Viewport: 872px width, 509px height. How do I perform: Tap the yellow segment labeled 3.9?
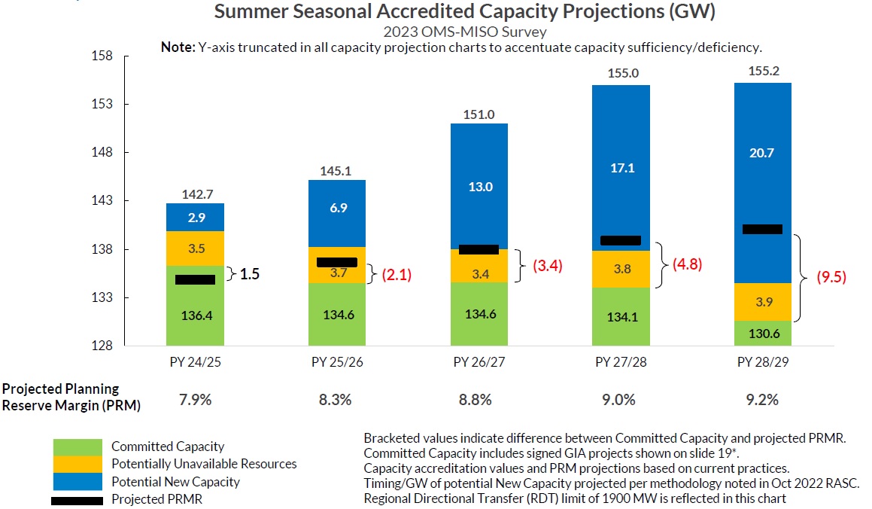tap(762, 302)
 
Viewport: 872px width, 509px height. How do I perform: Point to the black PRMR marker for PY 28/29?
tap(762, 229)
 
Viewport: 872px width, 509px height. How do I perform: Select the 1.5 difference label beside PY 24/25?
tap(250, 274)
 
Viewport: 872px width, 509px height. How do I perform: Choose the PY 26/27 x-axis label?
tap(479, 361)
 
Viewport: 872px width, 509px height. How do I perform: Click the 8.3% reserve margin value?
tap(336, 400)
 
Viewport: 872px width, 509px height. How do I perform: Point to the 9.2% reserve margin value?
tap(762, 400)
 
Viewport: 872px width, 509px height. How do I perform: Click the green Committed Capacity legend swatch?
tap(77, 447)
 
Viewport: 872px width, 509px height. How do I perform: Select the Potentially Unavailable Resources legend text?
tap(204, 464)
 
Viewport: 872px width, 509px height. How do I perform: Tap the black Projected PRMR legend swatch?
tap(77, 501)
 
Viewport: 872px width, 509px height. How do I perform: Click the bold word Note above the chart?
tap(178, 47)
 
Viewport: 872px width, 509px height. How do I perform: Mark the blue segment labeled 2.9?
tap(196, 217)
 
